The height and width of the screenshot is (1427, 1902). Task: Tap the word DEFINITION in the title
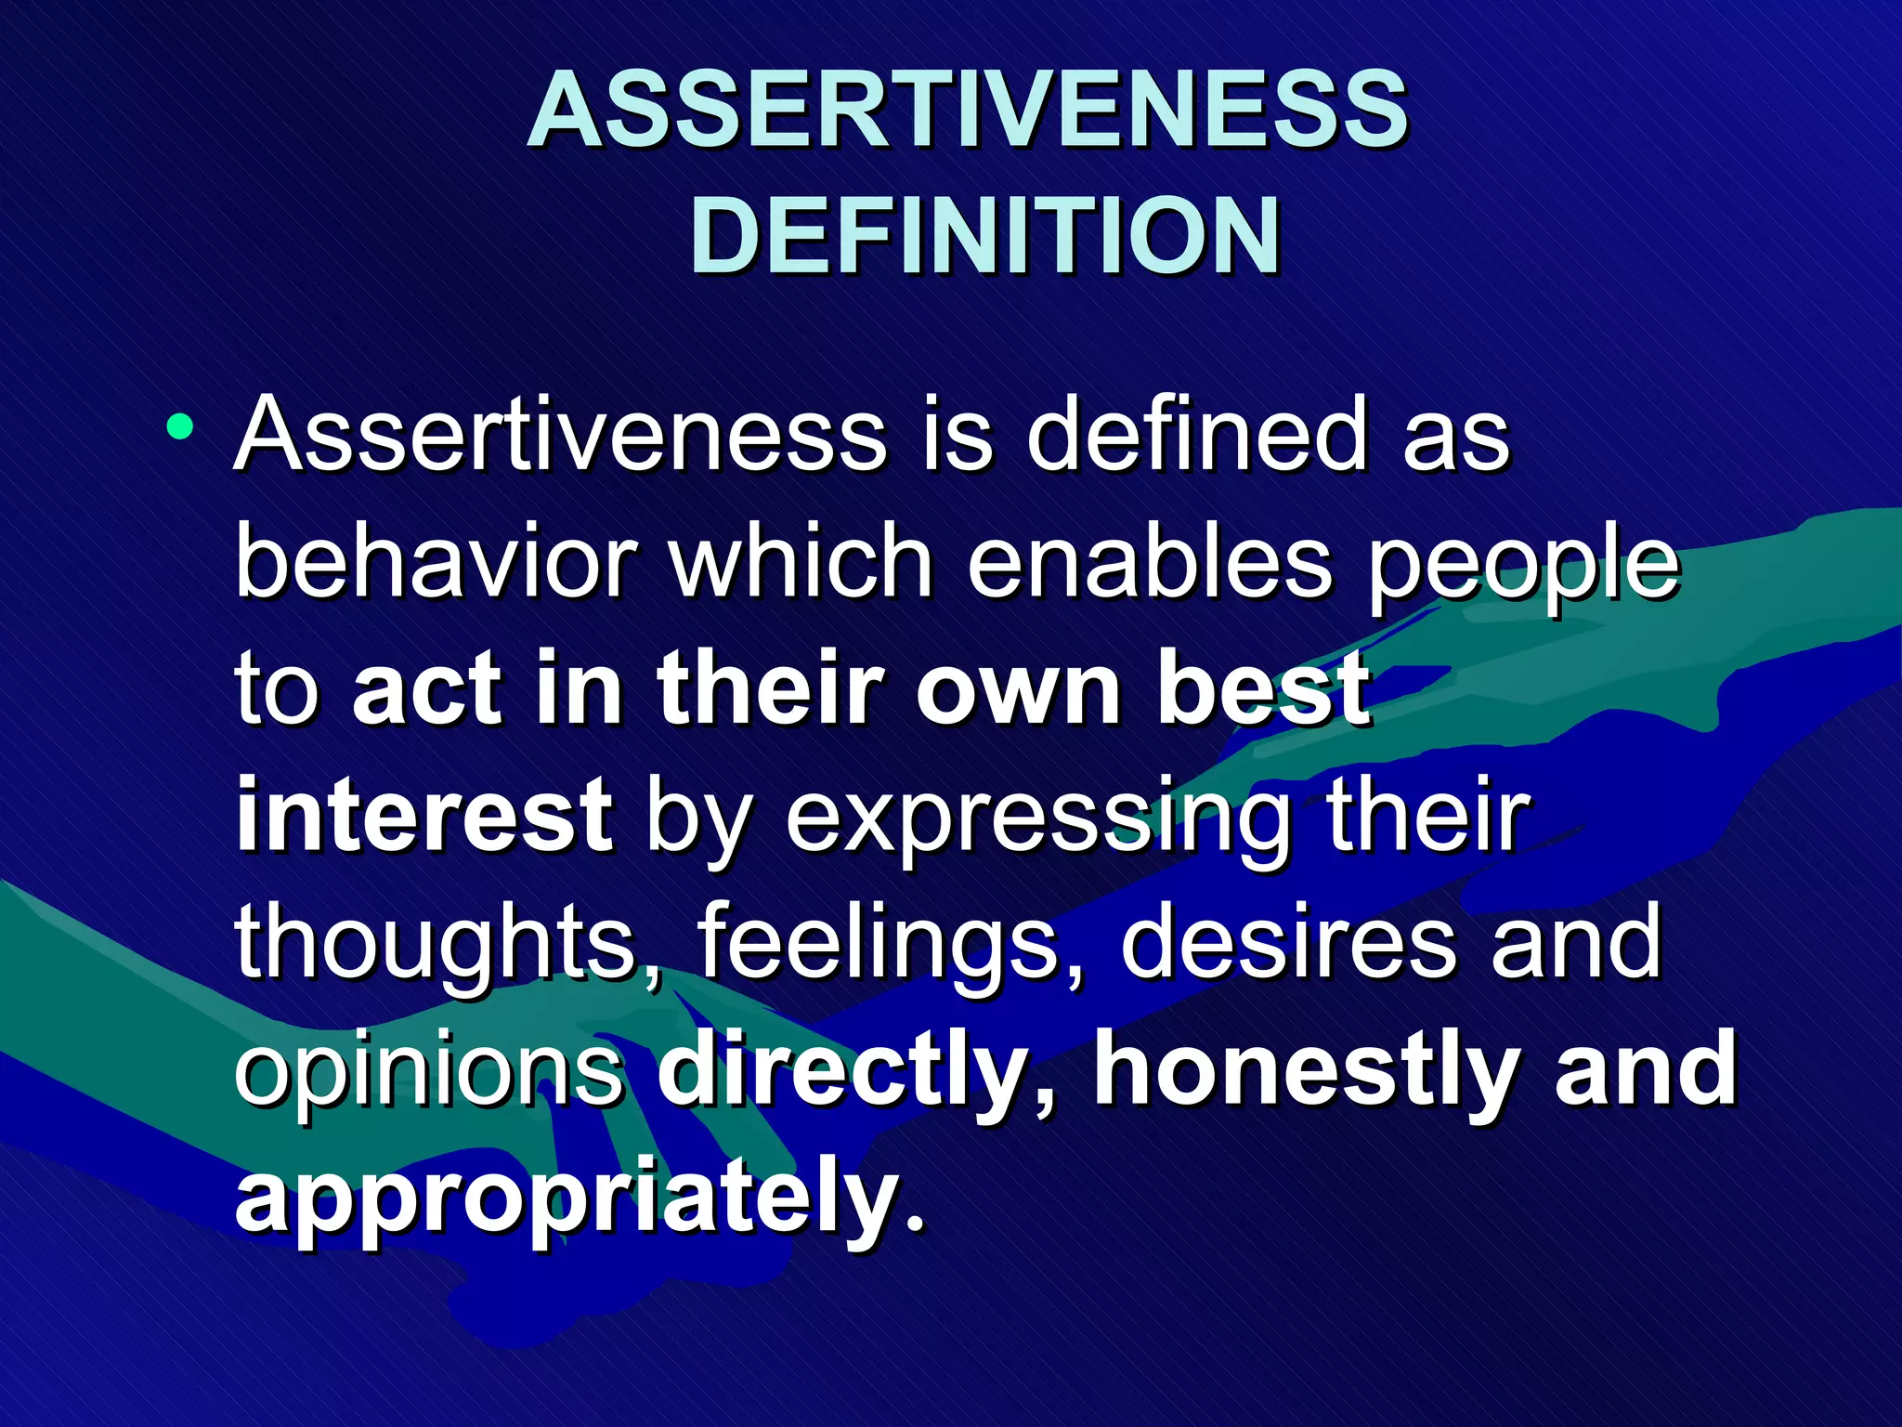[x=984, y=237]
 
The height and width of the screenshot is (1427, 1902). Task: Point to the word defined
[x=1197, y=435]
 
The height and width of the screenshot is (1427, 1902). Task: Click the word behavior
[x=436, y=562]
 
